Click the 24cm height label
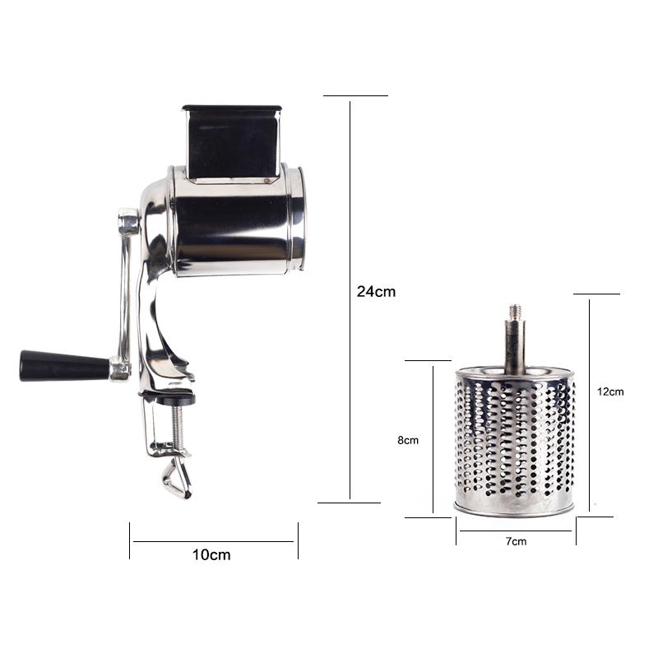pyautogui.click(x=376, y=291)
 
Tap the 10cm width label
pyautogui.click(x=211, y=554)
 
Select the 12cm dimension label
pyautogui.click(x=610, y=392)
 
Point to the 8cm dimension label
pyautogui.click(x=408, y=440)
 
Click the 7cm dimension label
pyautogui.click(x=516, y=540)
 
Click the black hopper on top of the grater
pyautogui.click(x=231, y=140)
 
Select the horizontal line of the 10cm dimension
pyautogui.click(x=214, y=540)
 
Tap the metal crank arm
pyautogui.click(x=125, y=288)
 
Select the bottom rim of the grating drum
pyautogui.click(x=515, y=508)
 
